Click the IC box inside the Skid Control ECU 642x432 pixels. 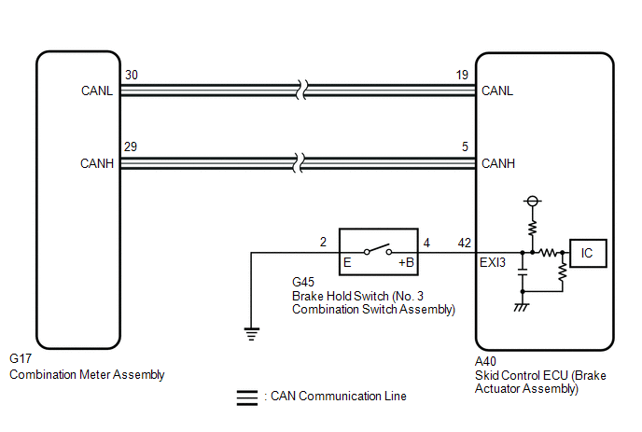pyautogui.click(x=588, y=252)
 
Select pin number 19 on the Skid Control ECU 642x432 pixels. pyautogui.click(x=463, y=75)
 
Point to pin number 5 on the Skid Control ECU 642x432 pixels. pyautogui.click(x=464, y=147)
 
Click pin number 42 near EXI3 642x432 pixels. pyautogui.click(x=464, y=243)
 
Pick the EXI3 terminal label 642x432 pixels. pyautogui.click(x=493, y=263)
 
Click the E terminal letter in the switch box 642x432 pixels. pyautogui.click(x=347, y=263)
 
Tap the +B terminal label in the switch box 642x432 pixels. pyautogui.click(x=407, y=263)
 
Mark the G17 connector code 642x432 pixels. pyautogui.click(x=20, y=358)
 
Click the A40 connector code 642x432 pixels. pyautogui.click(x=486, y=358)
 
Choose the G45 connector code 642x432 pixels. pyautogui.click(x=303, y=281)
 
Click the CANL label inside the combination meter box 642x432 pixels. pyautogui.click(x=97, y=91)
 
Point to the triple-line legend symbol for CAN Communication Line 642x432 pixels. pyautogui.click(x=247, y=397)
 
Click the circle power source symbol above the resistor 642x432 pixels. pyautogui.click(x=533, y=201)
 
